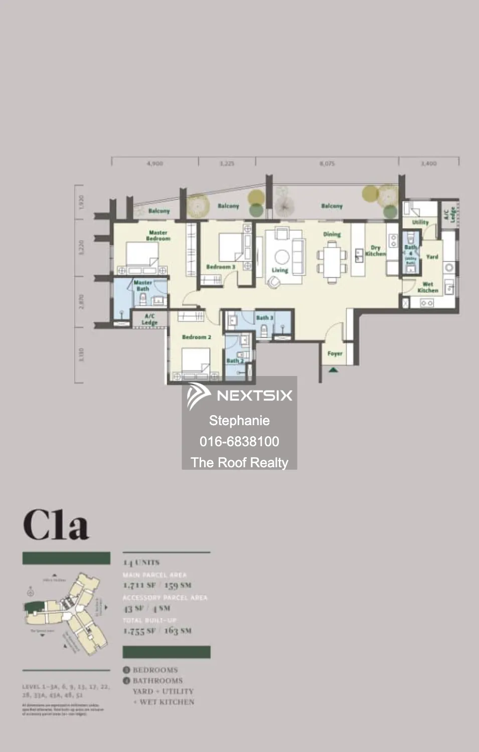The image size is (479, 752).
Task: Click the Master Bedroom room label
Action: pyautogui.click(x=158, y=236)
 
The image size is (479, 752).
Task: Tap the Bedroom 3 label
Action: pyautogui.click(x=220, y=267)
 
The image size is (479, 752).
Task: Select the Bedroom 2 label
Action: pyautogui.click(x=196, y=337)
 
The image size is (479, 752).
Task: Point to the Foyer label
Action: pyautogui.click(x=335, y=353)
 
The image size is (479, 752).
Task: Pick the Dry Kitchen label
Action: pyautogui.click(x=375, y=251)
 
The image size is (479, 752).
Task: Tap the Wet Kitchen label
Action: pyautogui.click(x=427, y=287)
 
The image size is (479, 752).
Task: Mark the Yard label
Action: pyautogui.click(x=432, y=257)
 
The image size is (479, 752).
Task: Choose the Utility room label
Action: pyautogui.click(x=420, y=222)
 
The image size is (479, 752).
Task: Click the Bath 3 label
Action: pyautogui.click(x=264, y=317)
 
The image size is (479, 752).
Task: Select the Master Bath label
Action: pyautogui.click(x=142, y=286)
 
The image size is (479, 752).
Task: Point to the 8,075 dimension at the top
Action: pyautogui.click(x=327, y=163)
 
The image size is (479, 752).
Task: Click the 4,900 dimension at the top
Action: pyautogui.click(x=154, y=163)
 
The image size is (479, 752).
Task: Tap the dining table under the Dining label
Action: pyautogui.click(x=332, y=259)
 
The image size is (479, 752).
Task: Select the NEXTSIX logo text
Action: pyautogui.click(x=254, y=396)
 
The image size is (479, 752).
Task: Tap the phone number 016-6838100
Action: pyautogui.click(x=239, y=442)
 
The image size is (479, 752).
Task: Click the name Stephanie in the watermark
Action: pyautogui.click(x=239, y=421)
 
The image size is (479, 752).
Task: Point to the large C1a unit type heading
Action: pyautogui.click(x=56, y=525)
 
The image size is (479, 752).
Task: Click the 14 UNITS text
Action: pyautogui.click(x=141, y=562)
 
